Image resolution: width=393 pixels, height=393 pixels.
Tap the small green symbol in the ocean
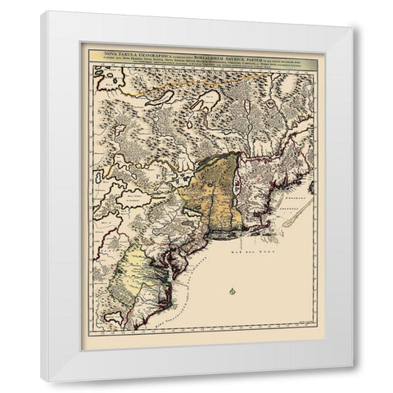tap(233, 291)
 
